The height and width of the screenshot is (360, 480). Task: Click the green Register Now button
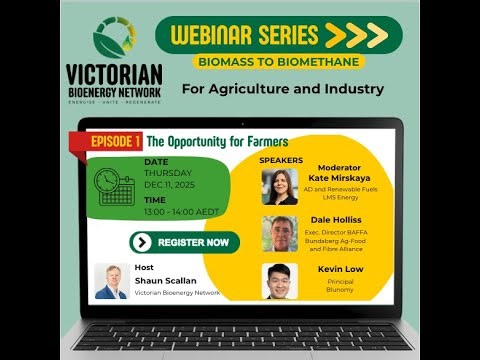coord(185,242)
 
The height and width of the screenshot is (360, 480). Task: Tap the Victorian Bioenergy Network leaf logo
coord(114,38)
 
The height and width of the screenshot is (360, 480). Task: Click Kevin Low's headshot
coord(280,280)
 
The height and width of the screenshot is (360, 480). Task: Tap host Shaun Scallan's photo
coord(111,281)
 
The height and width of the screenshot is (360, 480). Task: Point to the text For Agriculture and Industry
coord(283,89)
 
